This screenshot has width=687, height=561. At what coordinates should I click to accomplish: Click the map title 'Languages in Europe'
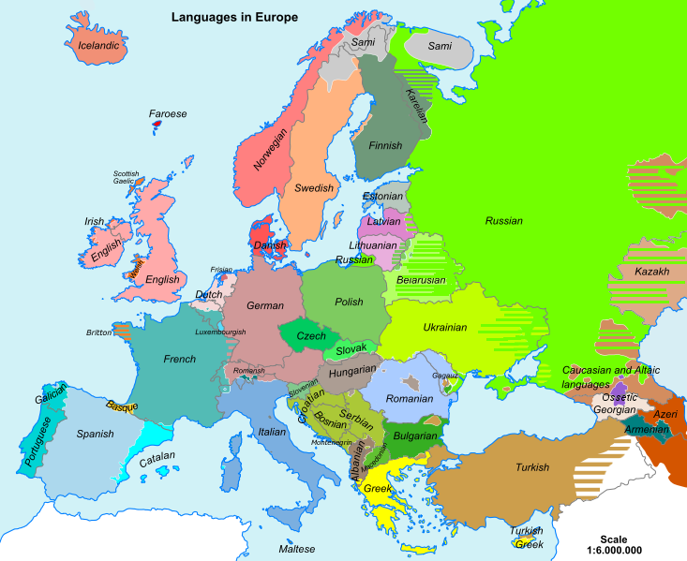(234, 17)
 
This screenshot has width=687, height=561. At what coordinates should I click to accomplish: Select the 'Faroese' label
(168, 114)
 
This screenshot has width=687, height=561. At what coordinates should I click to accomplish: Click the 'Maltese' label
(297, 549)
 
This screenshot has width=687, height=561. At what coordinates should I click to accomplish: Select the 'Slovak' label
(352, 349)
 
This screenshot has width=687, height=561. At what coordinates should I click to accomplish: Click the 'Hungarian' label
(352, 372)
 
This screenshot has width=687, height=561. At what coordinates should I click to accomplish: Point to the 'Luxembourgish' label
(221, 332)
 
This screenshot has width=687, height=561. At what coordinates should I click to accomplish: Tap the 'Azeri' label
(665, 413)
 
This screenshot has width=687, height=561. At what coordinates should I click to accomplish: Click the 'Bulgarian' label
(415, 436)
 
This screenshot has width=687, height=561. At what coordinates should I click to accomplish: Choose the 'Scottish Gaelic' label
(126, 177)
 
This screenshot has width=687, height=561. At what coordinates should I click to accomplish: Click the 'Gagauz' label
(444, 376)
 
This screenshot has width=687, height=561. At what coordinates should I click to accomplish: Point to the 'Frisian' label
(221, 270)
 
